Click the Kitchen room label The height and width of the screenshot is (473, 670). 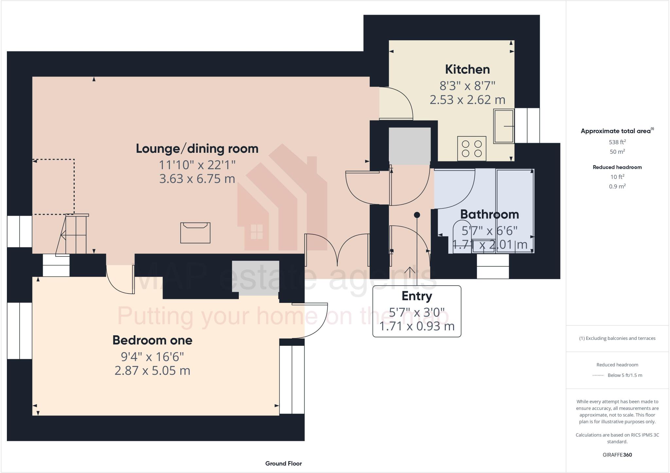(467, 69)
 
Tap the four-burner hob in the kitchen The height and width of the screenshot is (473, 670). (472, 149)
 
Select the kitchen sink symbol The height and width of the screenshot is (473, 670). (503, 126)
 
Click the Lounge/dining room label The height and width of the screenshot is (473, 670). (197, 149)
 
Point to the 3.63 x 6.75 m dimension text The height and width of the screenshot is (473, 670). (197, 179)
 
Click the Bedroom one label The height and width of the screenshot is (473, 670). (152, 340)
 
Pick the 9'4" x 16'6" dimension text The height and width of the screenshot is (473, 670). (152, 357)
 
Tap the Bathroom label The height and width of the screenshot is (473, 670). (489, 214)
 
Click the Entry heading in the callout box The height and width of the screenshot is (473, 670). (417, 296)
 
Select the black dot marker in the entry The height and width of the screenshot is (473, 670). (417, 215)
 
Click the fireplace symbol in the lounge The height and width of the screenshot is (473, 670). (195, 233)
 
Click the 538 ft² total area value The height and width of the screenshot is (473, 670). (617, 142)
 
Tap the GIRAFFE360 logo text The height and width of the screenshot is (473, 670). (617, 455)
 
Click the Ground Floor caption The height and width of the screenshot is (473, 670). (283, 464)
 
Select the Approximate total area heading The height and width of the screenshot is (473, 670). (617, 131)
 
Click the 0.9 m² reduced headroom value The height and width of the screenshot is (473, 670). (617, 186)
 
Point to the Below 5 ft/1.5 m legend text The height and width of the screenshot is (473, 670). (625, 375)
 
